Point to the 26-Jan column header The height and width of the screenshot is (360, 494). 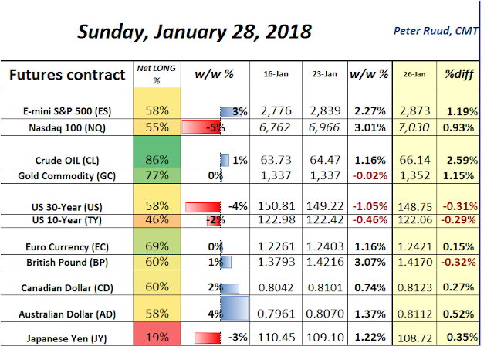coord(411,75)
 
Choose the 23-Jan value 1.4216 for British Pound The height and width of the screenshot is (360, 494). coord(321,262)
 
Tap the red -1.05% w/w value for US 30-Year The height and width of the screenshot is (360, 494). coord(367,206)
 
